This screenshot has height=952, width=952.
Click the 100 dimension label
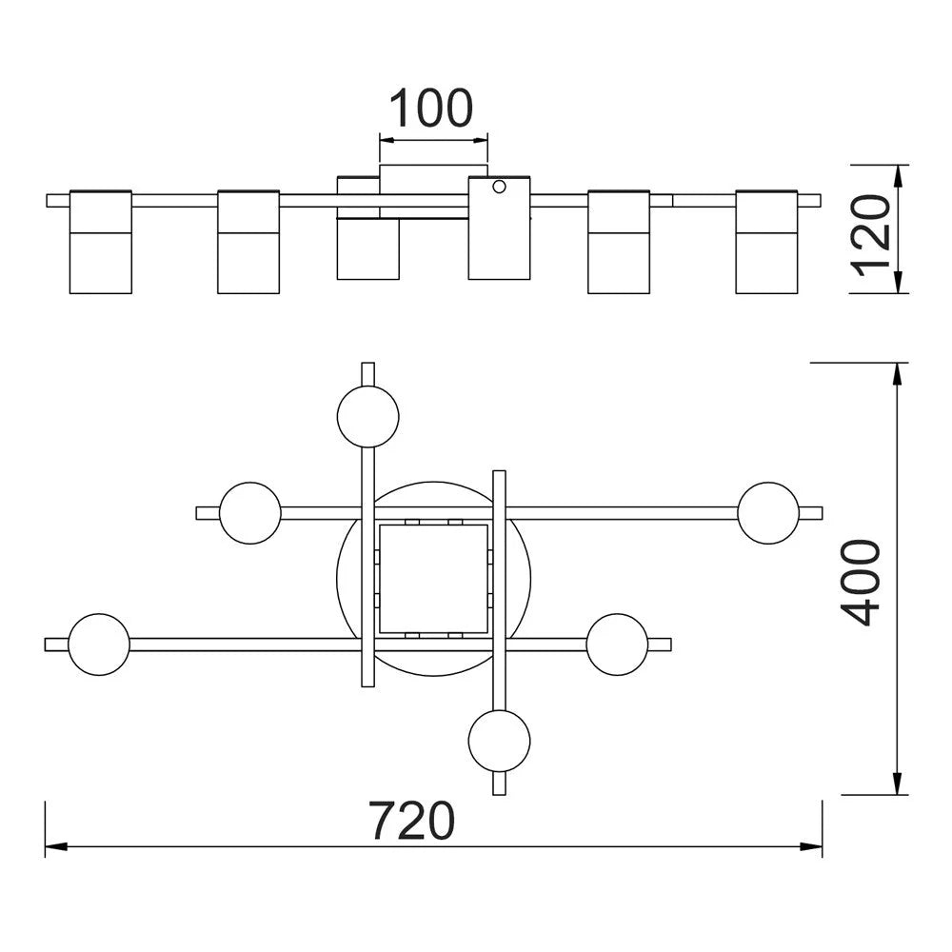[430, 109]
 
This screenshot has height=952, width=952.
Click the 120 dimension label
[871, 235]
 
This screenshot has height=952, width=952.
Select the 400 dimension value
[861, 583]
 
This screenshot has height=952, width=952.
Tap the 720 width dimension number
[411, 821]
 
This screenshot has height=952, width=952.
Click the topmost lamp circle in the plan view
[367, 417]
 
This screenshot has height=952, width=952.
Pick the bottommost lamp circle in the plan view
[499, 741]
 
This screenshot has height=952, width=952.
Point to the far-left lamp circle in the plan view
[99, 645]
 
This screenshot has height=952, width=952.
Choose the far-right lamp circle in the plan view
[768, 513]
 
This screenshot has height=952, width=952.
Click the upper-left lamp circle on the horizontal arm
[250, 513]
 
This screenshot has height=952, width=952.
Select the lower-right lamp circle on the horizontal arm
[618, 645]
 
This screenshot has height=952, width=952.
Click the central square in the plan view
[433, 579]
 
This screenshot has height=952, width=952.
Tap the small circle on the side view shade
[499, 187]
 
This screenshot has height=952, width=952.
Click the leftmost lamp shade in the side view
[101, 242]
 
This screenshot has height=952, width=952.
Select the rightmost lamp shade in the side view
[766, 242]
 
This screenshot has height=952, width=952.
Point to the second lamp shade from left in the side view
[248, 242]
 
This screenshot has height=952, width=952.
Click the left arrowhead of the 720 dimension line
[56, 845]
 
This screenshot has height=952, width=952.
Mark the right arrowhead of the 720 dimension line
[811, 845]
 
